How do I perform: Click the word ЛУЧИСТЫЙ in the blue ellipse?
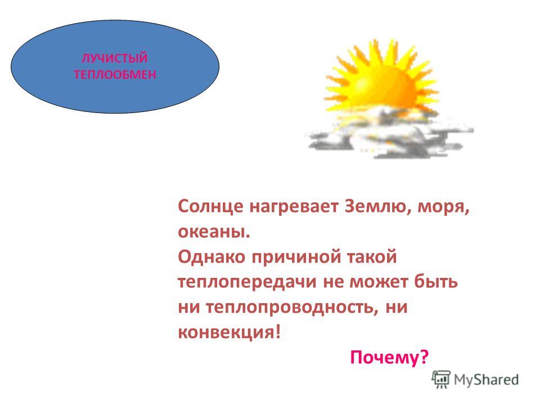[x=115, y=58]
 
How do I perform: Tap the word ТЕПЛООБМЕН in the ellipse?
[x=115, y=74]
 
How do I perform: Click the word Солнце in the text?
[x=210, y=207]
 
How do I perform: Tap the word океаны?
[x=214, y=232]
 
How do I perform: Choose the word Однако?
[x=211, y=256]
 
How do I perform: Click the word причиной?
[x=297, y=257]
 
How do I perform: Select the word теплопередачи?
[x=247, y=282]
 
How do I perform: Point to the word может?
[x=379, y=282]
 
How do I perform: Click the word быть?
[x=436, y=282]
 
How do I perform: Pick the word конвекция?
[x=229, y=332]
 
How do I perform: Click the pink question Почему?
[x=389, y=357]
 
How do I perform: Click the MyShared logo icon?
[x=441, y=380]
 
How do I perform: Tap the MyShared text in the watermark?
[x=486, y=380]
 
